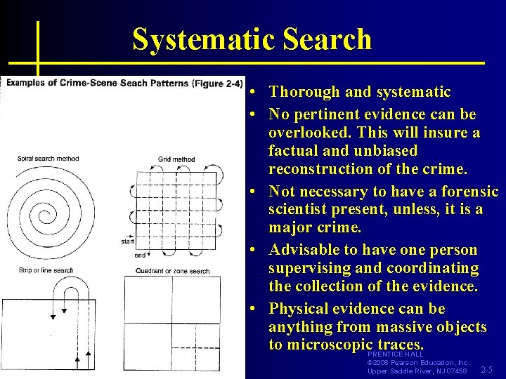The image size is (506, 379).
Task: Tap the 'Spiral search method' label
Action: click(x=48, y=159)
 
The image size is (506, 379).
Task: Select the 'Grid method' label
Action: click(x=176, y=159)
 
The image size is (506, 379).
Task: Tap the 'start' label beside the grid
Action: click(x=128, y=241)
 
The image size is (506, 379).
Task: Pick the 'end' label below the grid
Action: click(x=140, y=255)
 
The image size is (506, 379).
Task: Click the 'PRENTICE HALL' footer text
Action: click(x=395, y=354)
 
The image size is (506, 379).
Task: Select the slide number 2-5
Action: click(x=486, y=370)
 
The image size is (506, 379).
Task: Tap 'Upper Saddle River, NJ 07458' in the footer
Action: click(x=417, y=371)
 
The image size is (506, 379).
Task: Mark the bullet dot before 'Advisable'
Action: click(x=257, y=251)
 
